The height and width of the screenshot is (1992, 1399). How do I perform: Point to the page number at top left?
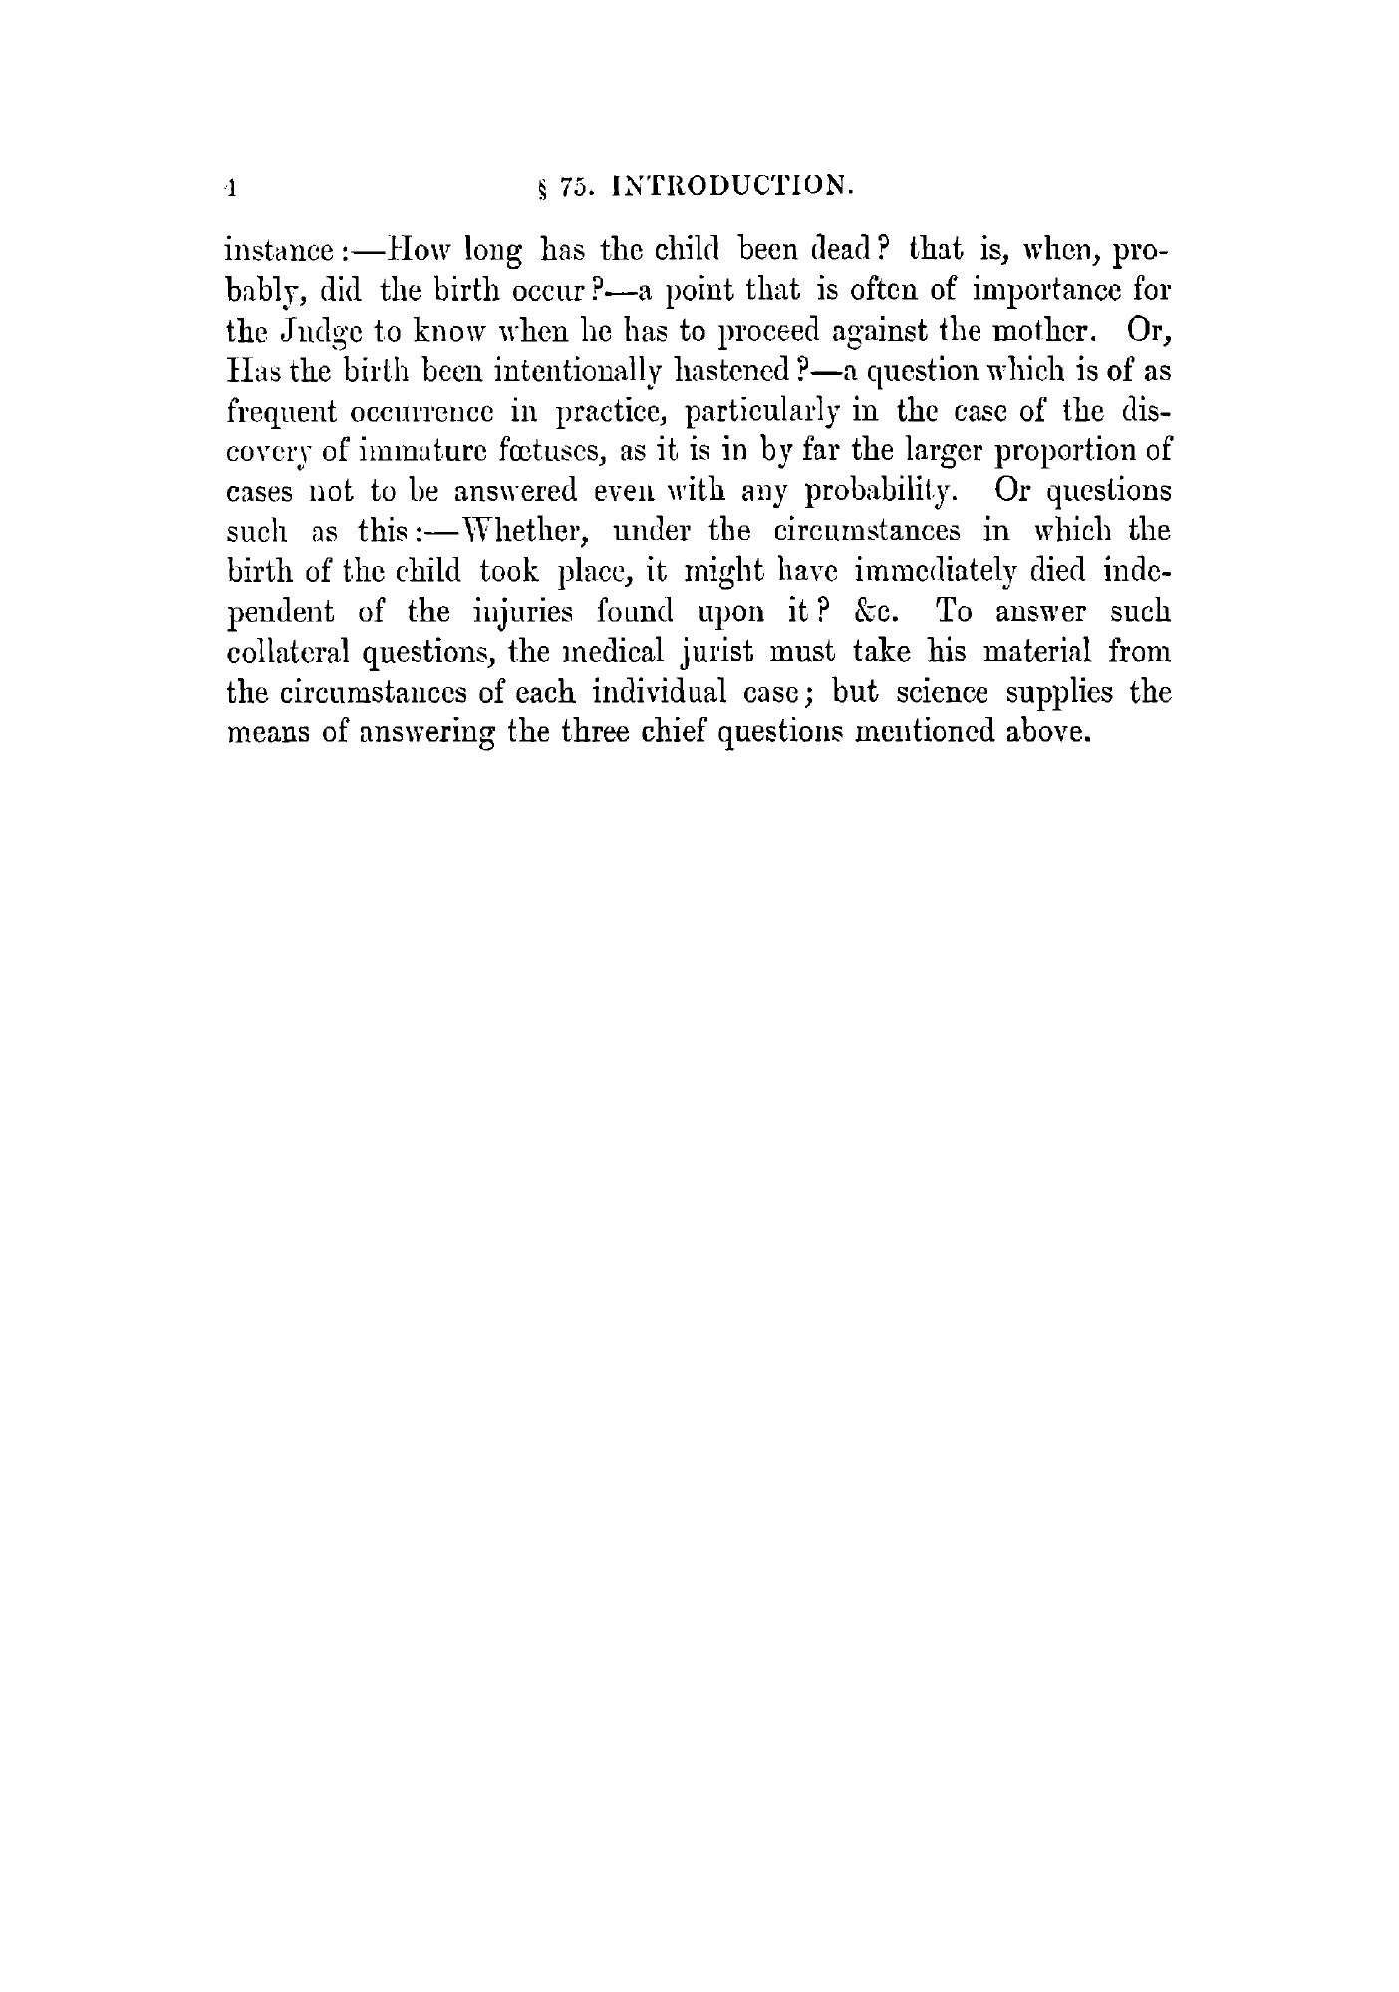point(229,187)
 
